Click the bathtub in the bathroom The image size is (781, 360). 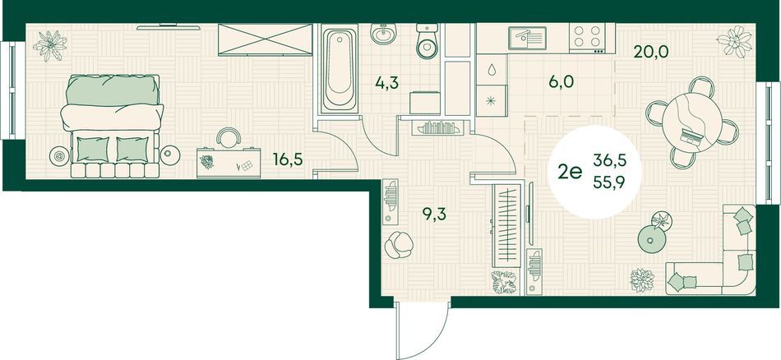339,70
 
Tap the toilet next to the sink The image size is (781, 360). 427,41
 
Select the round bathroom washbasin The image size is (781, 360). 383,34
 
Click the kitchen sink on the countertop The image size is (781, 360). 527,38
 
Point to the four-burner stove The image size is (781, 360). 587,37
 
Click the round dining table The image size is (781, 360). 692,122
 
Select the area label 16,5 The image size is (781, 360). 288,159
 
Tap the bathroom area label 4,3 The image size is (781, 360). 387,83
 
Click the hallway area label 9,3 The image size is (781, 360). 434,214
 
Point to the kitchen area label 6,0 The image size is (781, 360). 562,81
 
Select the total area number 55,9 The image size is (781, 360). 610,182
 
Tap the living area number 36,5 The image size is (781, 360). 610,160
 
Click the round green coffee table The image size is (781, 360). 650,240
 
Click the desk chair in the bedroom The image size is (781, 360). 229,137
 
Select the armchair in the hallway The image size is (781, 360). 399,245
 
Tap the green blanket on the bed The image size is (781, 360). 113,90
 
